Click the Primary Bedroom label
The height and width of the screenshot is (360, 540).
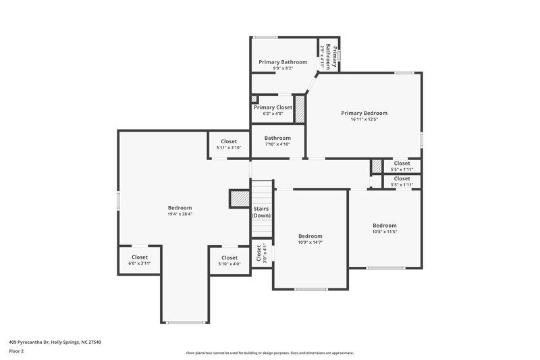coord(364,113)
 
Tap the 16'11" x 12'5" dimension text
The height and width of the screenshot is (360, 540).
coord(364,120)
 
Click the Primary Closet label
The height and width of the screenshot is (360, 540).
coord(273,107)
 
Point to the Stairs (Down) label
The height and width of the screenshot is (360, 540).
coord(261,212)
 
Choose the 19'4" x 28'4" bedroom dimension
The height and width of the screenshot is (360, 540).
coord(180,214)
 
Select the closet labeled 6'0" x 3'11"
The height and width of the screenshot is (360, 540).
coord(140,260)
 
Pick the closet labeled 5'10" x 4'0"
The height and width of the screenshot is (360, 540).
coord(230,261)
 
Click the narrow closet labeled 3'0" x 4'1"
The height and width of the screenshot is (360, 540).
coord(261,254)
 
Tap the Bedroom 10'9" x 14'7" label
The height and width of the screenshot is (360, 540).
coord(310,239)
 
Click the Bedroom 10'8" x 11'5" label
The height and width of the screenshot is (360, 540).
coord(385,228)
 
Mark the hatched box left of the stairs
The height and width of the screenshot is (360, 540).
coord(240,199)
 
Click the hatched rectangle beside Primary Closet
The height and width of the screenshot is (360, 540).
coord(300,109)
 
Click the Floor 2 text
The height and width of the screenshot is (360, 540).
coord(16,351)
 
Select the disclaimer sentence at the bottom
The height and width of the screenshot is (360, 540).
coord(270,353)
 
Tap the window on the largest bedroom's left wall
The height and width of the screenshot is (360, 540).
coord(119,201)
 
